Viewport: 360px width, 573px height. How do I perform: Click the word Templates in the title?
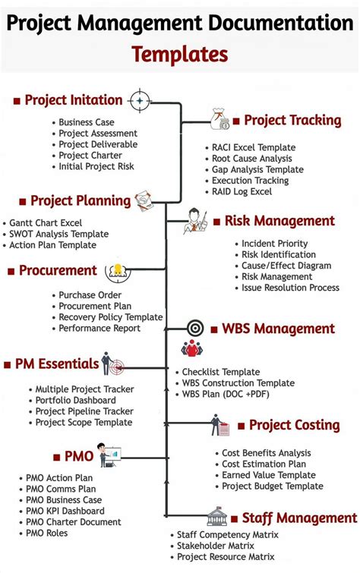click(x=179, y=54)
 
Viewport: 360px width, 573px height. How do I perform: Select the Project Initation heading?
click(x=73, y=100)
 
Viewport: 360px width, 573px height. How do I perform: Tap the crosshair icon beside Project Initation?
click(x=141, y=100)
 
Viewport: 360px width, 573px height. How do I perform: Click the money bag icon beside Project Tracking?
click(x=219, y=119)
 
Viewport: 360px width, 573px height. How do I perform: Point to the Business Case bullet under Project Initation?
click(x=87, y=122)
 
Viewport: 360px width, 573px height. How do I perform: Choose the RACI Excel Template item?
click(x=254, y=148)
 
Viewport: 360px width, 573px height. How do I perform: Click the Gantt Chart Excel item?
click(x=46, y=223)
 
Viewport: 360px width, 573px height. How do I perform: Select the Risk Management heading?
click(x=279, y=221)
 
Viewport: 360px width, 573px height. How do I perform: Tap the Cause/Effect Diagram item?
click(x=286, y=266)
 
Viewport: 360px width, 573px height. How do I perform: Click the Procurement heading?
click(x=58, y=270)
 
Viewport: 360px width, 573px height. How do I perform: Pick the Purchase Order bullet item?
click(x=90, y=294)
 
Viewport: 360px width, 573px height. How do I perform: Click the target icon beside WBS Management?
click(x=195, y=329)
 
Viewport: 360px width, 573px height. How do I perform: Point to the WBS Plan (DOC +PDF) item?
click(x=226, y=395)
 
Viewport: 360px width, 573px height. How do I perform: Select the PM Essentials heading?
click(x=57, y=364)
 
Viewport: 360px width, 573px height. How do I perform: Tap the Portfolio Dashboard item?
click(x=75, y=400)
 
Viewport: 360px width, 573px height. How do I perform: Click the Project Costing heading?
click(x=294, y=425)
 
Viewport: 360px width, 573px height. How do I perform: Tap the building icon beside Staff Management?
click(x=217, y=518)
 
